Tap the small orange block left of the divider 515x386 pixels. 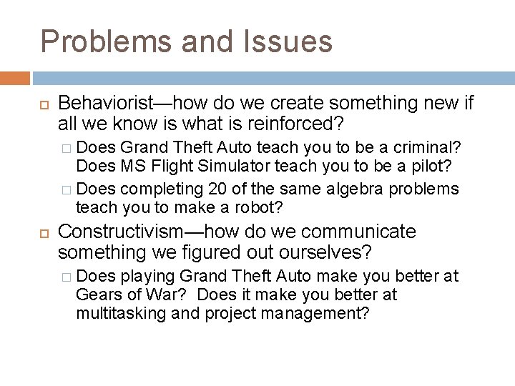(15, 78)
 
